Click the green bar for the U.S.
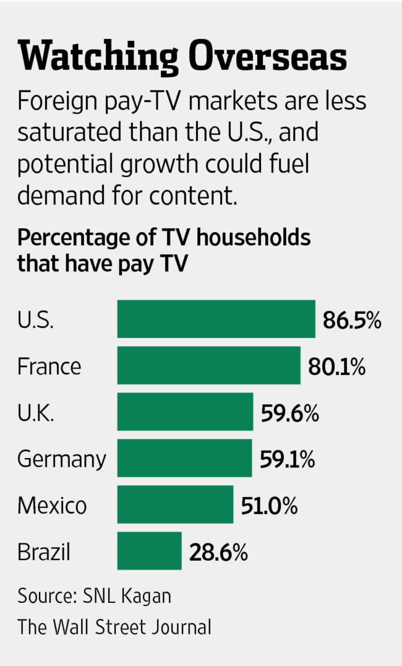216,319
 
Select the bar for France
209,365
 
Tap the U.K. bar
185,412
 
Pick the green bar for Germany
184,458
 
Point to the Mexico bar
175,504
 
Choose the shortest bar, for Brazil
150,550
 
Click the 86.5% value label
352,320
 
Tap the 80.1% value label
336,366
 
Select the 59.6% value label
290,413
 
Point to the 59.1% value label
288,459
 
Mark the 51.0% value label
269,506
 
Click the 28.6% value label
218,552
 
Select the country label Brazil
44,551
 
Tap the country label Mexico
52,506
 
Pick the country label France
49,366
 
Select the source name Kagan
146,597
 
